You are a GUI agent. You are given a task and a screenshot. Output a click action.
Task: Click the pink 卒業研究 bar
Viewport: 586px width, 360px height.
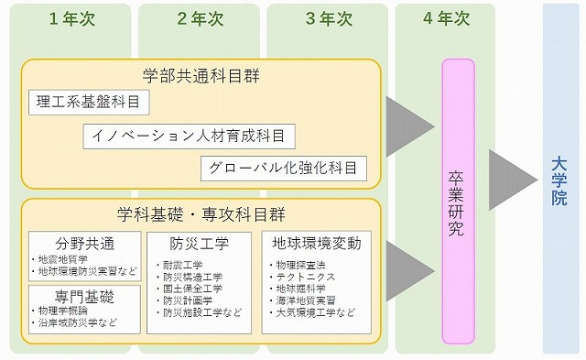point(457,201)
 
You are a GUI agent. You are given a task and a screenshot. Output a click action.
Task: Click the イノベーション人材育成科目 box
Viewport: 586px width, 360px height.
point(189,136)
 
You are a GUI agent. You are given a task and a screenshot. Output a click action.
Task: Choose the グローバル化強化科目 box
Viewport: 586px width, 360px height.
point(284,169)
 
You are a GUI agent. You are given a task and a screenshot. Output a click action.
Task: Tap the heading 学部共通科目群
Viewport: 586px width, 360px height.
point(201,75)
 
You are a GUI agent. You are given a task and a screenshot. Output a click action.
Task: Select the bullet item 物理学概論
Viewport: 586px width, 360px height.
point(63,311)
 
